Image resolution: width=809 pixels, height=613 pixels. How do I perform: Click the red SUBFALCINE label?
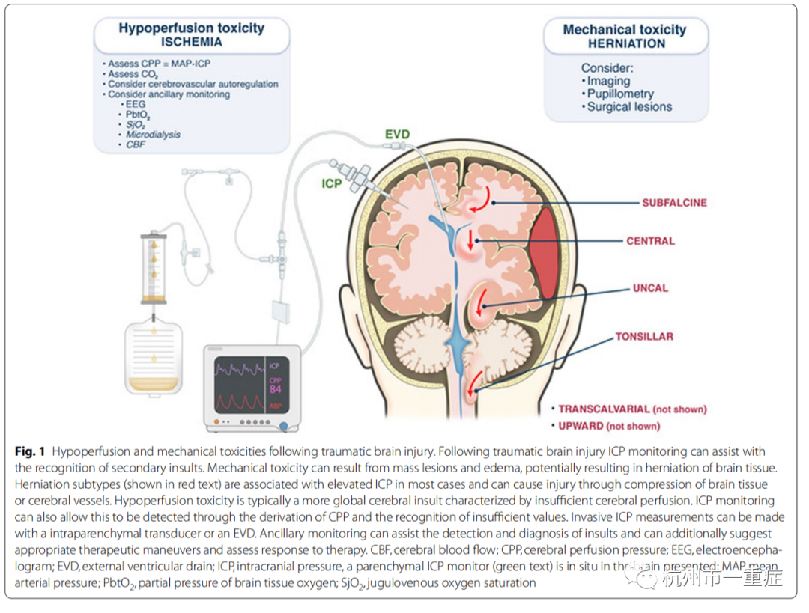pyautogui.click(x=673, y=203)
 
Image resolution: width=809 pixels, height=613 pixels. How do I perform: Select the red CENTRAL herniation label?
pyautogui.click(x=650, y=242)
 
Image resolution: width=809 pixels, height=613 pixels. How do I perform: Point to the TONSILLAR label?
pyautogui.click(x=643, y=337)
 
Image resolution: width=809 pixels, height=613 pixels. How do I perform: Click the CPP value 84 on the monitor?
pyautogui.click(x=276, y=388)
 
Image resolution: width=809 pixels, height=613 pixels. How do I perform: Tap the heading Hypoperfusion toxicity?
pyautogui.click(x=191, y=28)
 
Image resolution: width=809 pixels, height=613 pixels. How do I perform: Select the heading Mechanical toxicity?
pyautogui.click(x=624, y=30)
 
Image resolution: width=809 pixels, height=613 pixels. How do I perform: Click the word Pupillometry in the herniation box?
pyautogui.click(x=619, y=94)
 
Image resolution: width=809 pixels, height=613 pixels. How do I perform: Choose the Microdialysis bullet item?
pyautogui.click(x=154, y=135)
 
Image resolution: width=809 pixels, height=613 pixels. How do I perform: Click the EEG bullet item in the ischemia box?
pyautogui.click(x=136, y=106)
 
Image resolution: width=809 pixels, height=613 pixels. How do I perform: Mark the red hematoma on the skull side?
pyautogui.click(x=545, y=254)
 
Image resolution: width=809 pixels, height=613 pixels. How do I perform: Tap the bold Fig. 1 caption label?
pyautogui.click(x=31, y=451)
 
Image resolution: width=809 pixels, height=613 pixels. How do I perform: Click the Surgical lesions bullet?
pyautogui.click(x=629, y=107)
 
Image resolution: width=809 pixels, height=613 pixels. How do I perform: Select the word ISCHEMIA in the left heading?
pyautogui.click(x=191, y=43)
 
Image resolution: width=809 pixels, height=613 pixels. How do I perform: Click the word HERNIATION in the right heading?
pyautogui.click(x=625, y=43)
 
